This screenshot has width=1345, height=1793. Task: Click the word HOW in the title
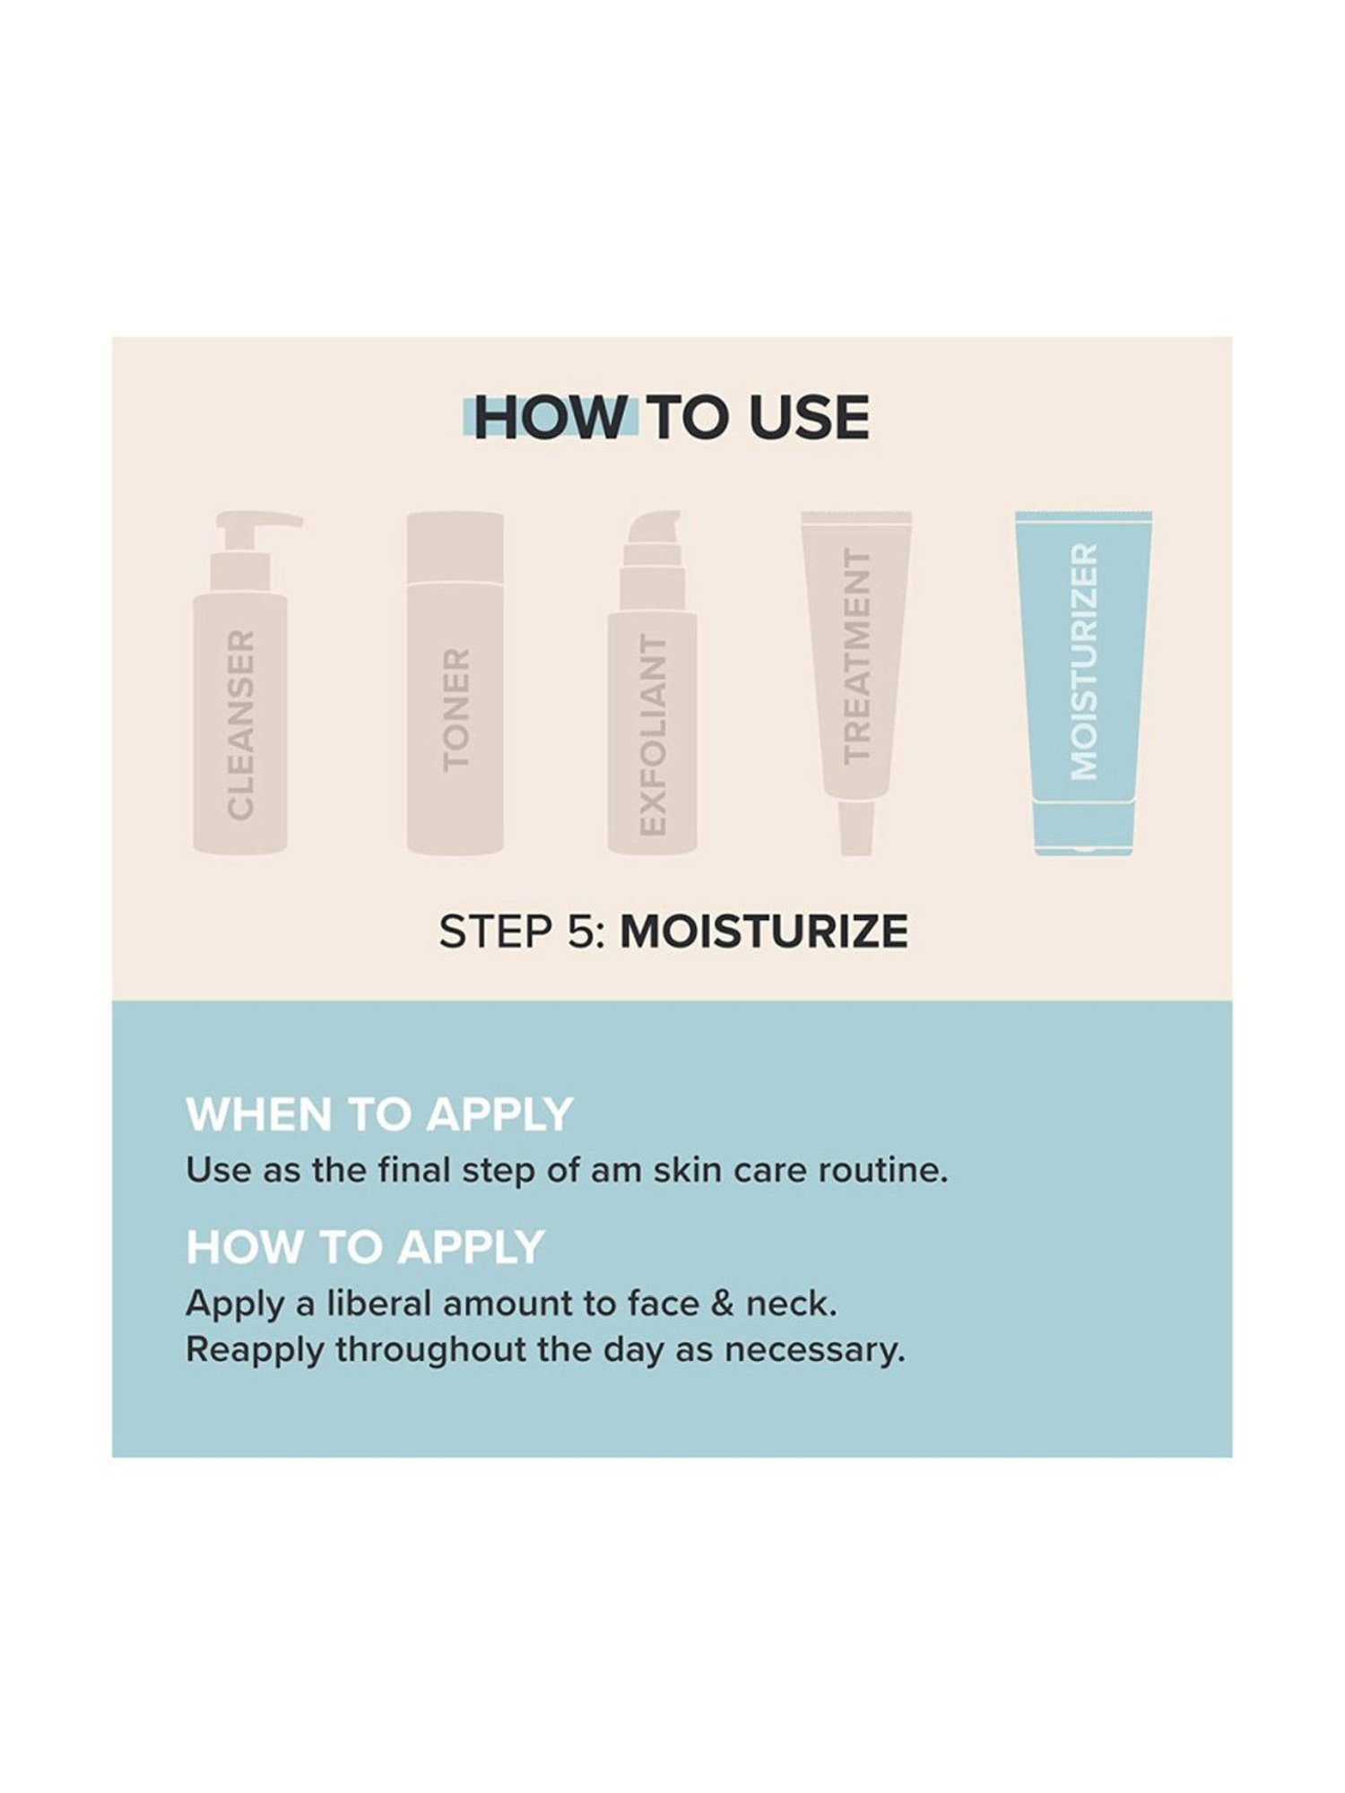549,418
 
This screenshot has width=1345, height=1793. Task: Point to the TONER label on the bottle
456,710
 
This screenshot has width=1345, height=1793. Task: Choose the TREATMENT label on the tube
857,656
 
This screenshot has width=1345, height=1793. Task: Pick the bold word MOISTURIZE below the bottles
764,932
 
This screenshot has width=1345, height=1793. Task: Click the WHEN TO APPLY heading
378,1114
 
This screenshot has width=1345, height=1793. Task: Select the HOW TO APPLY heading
365,1247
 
